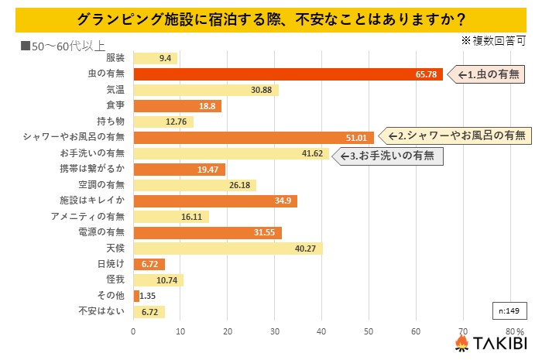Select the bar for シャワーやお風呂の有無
click(x=253, y=137)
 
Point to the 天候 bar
click(x=228, y=249)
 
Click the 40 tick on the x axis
click(x=322, y=331)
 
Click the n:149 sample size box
click(x=508, y=310)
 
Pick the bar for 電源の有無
click(x=208, y=232)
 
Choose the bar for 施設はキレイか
click(x=215, y=201)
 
